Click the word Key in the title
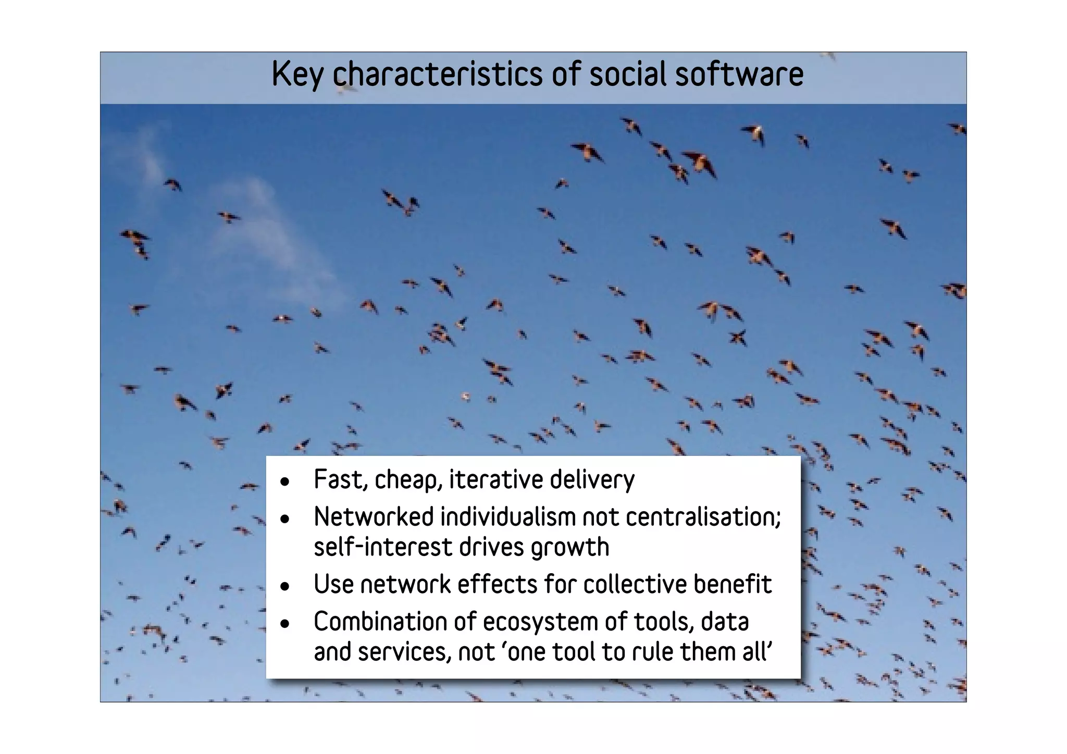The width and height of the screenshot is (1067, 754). click(x=298, y=75)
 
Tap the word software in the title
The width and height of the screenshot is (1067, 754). click(x=739, y=75)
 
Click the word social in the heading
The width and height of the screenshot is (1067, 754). click(x=629, y=75)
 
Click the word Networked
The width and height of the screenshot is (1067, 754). click(x=374, y=517)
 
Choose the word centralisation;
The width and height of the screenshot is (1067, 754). click(x=703, y=517)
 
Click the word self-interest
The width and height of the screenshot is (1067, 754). click(x=382, y=547)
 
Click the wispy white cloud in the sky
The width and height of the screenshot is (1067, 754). click(x=260, y=224)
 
